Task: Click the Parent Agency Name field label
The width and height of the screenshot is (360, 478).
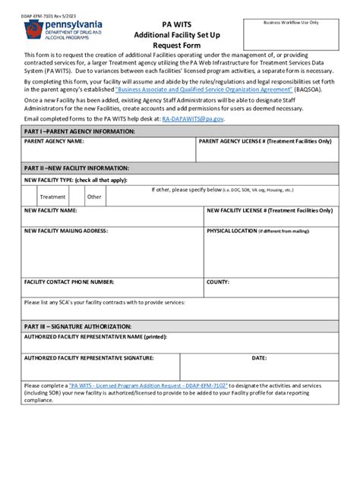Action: pos(54,142)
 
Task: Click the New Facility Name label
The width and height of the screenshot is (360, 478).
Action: pos(50,209)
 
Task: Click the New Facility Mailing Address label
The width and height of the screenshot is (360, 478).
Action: pos(66,230)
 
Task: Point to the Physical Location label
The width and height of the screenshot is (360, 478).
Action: pos(231,230)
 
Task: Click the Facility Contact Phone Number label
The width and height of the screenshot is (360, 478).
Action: pos(69,281)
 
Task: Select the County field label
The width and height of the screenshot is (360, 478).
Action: pos(218,281)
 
